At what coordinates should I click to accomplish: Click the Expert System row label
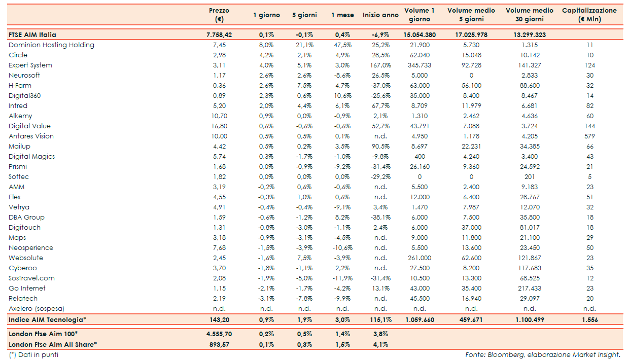pyautogui.click(x=30, y=65)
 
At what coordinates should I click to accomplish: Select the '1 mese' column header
pyautogui.click(x=342, y=15)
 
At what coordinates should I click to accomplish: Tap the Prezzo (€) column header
pyautogui.click(x=219, y=15)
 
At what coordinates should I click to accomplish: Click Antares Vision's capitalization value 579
pyautogui.click(x=589, y=136)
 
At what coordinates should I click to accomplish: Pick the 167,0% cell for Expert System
pyautogui.click(x=380, y=65)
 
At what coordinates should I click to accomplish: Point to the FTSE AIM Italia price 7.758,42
pyautogui.click(x=219, y=35)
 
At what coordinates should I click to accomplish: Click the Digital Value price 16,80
pyautogui.click(x=219, y=126)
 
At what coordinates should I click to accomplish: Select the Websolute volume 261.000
pyautogui.click(x=420, y=258)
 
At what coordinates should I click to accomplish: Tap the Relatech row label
pyautogui.click(x=23, y=299)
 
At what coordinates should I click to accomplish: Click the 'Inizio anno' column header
pyautogui.click(x=380, y=15)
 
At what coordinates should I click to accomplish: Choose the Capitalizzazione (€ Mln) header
pyautogui.click(x=589, y=15)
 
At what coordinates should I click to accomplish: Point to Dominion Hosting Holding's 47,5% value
pyautogui.click(x=342, y=45)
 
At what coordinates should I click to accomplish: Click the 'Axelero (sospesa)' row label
pyautogui.click(x=37, y=309)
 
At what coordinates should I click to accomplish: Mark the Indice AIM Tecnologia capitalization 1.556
pyautogui.click(x=589, y=320)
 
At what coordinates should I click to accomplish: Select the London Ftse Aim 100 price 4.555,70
pyautogui.click(x=219, y=334)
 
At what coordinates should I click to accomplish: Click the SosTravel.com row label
pyautogui.click(x=31, y=278)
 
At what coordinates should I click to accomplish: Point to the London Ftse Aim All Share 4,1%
pyautogui.click(x=380, y=344)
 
